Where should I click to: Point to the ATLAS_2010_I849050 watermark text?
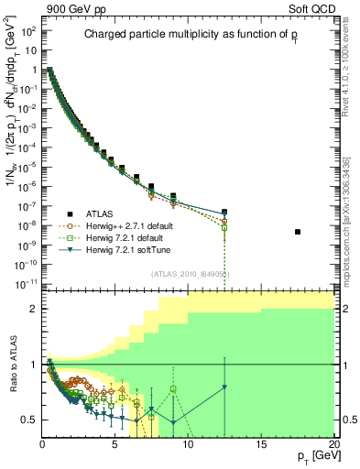point(191,274)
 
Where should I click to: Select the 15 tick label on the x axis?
point(261,444)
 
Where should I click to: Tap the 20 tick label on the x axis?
point(333,444)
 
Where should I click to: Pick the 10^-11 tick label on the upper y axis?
point(28,285)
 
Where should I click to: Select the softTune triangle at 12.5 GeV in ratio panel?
point(224,387)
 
